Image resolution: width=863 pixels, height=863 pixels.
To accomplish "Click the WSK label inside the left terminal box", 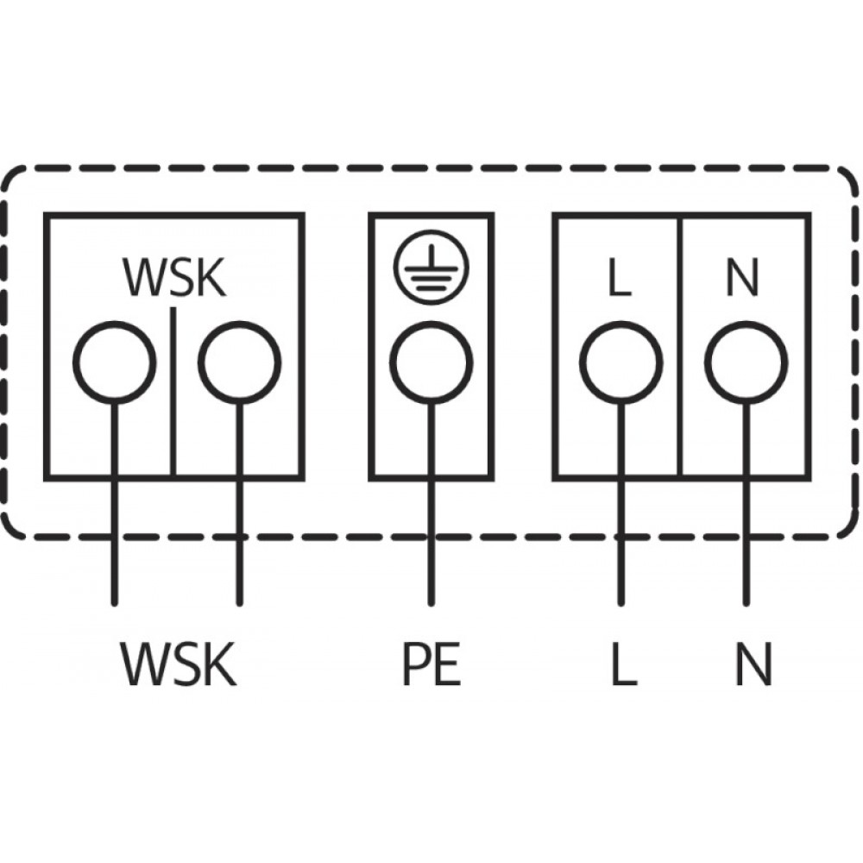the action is click(x=175, y=277).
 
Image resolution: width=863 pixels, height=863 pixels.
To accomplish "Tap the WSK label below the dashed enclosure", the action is click(x=179, y=664).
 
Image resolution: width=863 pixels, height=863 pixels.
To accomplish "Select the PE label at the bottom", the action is click(x=431, y=664).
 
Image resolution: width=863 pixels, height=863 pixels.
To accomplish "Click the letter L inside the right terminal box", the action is click(x=620, y=277).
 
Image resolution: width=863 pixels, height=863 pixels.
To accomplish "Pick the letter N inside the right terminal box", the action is click(x=743, y=277).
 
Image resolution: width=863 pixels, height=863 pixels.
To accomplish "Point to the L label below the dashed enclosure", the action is click(x=624, y=664).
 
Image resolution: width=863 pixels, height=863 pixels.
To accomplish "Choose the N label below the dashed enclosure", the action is click(x=754, y=664).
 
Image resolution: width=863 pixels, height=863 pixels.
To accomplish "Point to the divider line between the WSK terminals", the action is click(x=173, y=392).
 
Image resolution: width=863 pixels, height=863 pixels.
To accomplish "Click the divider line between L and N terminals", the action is click(x=680, y=347).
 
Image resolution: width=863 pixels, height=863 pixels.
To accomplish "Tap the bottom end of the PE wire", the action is click(x=431, y=604).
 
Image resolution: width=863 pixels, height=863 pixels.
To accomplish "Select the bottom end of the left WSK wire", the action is click(x=115, y=604).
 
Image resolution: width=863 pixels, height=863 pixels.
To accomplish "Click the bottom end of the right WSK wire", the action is click(x=239, y=604).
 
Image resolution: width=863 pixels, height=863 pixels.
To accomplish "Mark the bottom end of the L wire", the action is click(x=620, y=604).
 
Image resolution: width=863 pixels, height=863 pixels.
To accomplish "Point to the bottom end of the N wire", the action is click(x=746, y=604).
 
